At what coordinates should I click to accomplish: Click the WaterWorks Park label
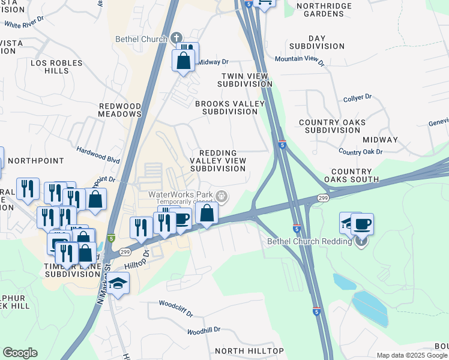[x=182, y=196]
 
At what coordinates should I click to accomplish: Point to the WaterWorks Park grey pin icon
[x=222, y=196]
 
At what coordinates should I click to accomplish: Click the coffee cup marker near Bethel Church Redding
[x=362, y=224]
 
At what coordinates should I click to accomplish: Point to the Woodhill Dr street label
[x=203, y=331]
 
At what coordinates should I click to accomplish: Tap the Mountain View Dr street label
[x=300, y=60]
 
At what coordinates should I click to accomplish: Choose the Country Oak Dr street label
[x=360, y=152]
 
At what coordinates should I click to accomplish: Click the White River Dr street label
[x=25, y=23]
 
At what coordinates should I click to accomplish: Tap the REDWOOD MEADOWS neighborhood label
[x=120, y=110]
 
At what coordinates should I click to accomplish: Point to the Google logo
[x=20, y=353]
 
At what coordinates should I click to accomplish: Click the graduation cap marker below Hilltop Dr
[x=119, y=283]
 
